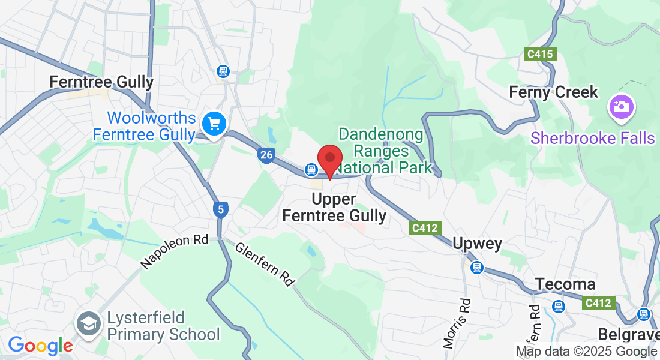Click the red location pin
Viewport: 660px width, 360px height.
(x=329, y=160)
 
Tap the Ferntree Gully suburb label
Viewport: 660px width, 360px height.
(x=101, y=82)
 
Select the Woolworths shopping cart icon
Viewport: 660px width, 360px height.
(x=214, y=124)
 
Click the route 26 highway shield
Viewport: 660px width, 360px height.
(x=267, y=155)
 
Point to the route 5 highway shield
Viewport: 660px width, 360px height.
(x=221, y=209)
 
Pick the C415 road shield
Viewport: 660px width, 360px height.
(x=539, y=54)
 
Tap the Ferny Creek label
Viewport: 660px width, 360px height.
(x=553, y=92)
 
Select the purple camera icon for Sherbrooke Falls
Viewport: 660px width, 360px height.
(x=621, y=107)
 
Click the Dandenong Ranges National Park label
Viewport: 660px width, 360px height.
(x=384, y=151)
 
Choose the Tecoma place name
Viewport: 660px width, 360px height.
(x=565, y=284)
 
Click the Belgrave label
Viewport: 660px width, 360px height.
(x=628, y=334)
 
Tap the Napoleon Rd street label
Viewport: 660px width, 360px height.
(x=174, y=251)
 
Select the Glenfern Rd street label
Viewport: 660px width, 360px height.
(x=265, y=264)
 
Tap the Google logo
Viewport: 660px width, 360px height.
(x=40, y=346)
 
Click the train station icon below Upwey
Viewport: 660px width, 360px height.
(x=477, y=267)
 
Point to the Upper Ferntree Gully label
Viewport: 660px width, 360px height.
(x=334, y=207)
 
